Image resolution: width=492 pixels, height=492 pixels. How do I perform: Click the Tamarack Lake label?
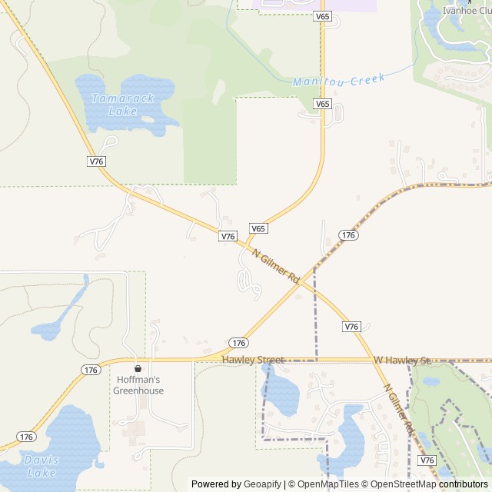pyautogui.click(x=112, y=105)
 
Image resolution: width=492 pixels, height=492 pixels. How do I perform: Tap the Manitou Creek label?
pyautogui.click(x=338, y=80)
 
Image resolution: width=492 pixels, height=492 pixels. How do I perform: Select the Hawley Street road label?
pyautogui.click(x=253, y=360)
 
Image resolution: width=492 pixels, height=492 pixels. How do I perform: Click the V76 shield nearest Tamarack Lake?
pyautogui.click(x=96, y=161)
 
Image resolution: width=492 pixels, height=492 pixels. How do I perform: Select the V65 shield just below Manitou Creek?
pyautogui.click(x=322, y=104)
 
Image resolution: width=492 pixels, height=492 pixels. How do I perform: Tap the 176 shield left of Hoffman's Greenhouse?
pyautogui.click(x=91, y=370)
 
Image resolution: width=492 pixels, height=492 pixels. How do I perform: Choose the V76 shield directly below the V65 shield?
pyautogui.click(x=228, y=237)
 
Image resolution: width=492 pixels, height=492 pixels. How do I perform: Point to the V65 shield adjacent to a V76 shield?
pyautogui.click(x=258, y=228)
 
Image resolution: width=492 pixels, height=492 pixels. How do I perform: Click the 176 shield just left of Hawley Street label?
pyautogui.click(x=238, y=343)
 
